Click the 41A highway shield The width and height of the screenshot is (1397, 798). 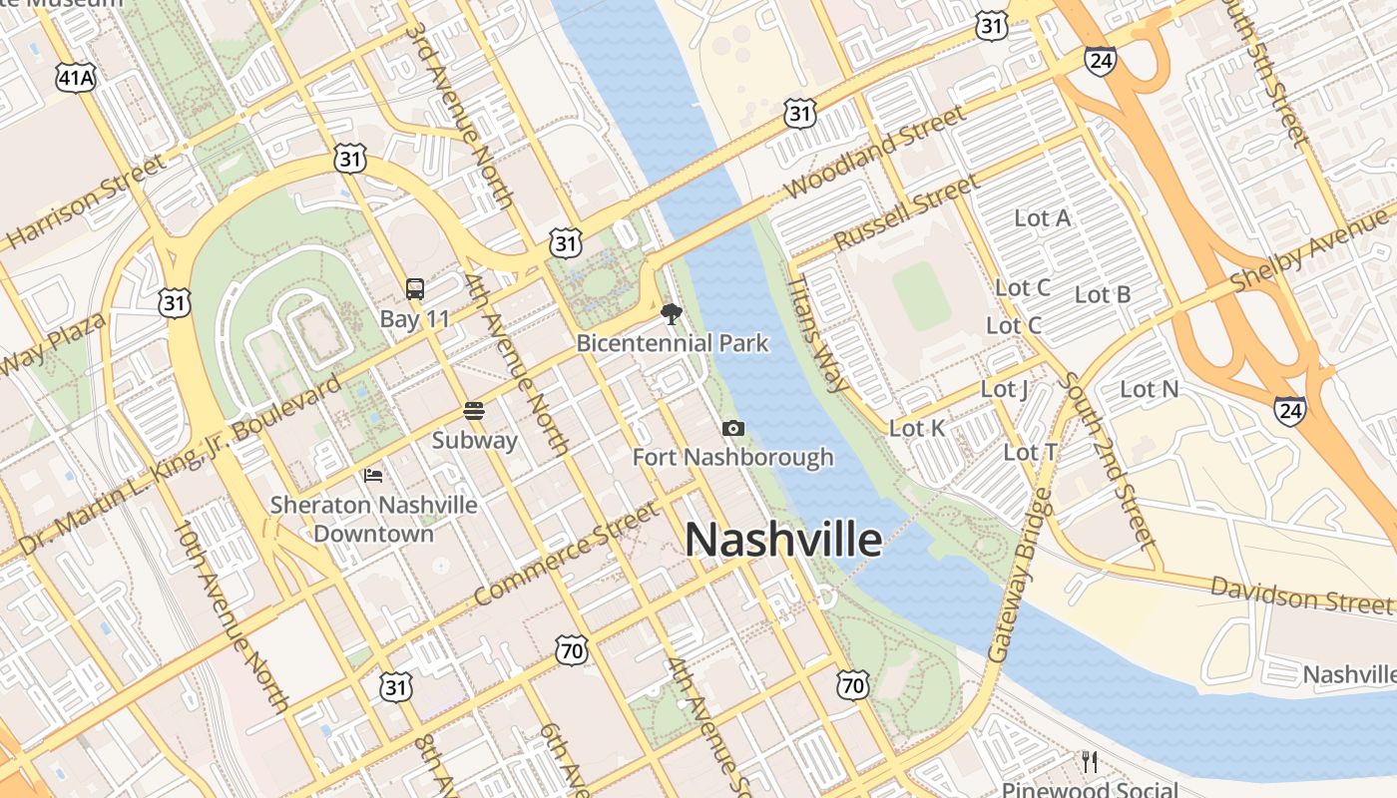(76, 79)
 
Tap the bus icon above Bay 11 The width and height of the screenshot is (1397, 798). (415, 289)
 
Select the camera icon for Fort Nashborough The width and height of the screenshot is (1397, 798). (733, 428)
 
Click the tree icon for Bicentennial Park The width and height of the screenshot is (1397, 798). (672, 314)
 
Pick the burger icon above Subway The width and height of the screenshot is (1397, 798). (474, 410)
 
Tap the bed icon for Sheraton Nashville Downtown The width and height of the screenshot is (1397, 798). (373, 475)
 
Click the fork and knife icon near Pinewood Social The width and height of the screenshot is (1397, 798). (1090, 762)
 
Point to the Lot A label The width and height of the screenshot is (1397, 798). (1042, 217)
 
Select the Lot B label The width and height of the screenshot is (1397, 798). (1103, 294)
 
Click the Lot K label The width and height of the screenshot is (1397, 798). (916, 428)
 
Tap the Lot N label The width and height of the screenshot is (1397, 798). (1149, 389)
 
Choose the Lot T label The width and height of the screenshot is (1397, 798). (1030, 452)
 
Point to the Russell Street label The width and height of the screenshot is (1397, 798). (906, 212)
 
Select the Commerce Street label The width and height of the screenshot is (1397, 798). (566, 554)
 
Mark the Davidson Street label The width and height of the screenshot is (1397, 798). (1300, 595)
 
